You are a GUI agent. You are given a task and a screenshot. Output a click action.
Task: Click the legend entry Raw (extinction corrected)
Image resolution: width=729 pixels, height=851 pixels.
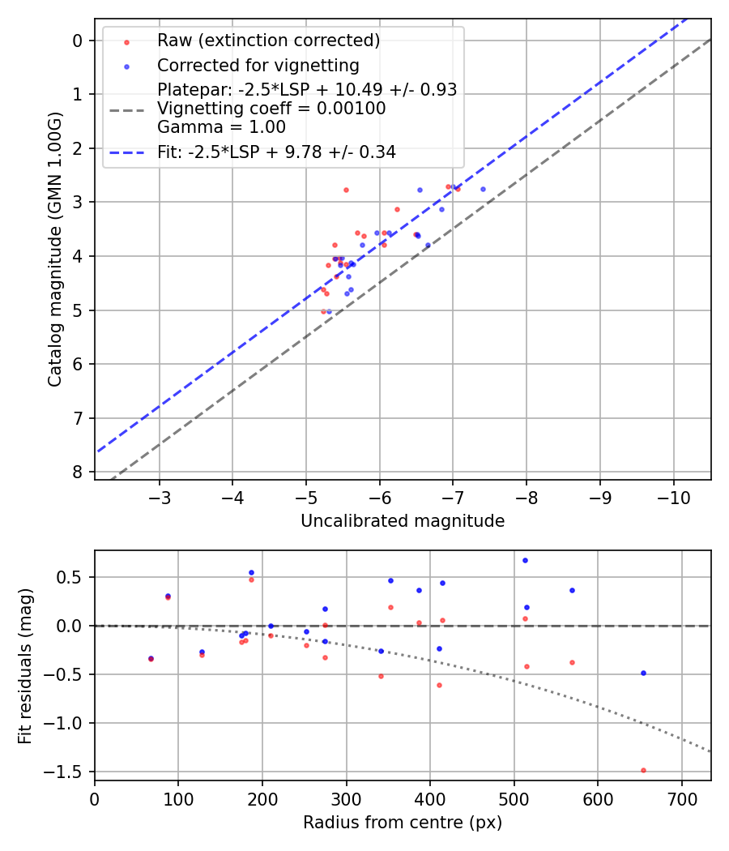268,41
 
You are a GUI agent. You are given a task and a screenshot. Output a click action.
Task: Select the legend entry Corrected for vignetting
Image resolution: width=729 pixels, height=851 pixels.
258,65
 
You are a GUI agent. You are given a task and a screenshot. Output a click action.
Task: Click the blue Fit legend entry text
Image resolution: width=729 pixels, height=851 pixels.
276,152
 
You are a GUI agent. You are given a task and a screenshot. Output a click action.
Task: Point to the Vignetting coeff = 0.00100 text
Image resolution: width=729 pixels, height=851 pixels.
271,109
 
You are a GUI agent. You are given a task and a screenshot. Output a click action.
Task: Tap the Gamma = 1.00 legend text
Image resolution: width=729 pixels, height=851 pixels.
221,126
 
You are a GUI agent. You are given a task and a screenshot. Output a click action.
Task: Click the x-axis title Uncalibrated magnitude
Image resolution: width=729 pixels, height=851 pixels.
403,521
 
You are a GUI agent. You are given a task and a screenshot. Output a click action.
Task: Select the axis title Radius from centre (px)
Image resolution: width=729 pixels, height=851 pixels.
403,823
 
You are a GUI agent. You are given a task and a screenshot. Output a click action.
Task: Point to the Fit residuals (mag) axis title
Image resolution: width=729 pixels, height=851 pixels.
26,665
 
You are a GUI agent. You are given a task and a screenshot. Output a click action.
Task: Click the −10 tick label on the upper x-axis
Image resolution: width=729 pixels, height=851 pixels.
674,495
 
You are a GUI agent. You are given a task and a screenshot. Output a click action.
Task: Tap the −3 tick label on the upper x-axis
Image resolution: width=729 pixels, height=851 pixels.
159,495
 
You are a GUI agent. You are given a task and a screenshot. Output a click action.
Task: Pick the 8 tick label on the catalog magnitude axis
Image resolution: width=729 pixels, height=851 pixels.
77,472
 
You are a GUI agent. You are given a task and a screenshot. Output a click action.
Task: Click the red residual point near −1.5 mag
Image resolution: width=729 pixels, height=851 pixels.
643,770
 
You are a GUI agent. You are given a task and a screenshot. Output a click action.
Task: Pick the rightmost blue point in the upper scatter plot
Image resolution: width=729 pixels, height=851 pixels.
483,189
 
